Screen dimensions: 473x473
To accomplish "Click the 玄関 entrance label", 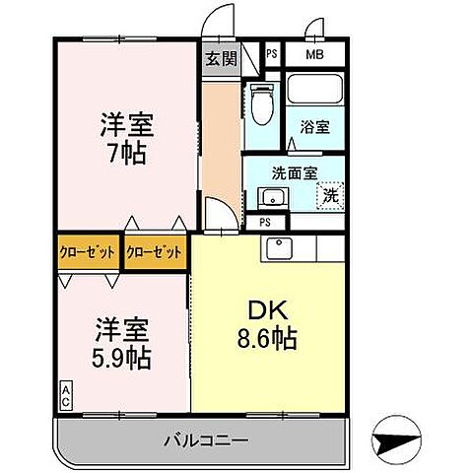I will pyautogui.click(x=220, y=58).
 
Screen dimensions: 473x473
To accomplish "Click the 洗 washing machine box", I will pyautogui.click(x=330, y=196).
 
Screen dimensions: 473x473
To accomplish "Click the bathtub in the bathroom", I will pyautogui.click(x=314, y=92).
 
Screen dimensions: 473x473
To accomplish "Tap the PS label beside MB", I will pyautogui.click(x=272, y=55).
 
